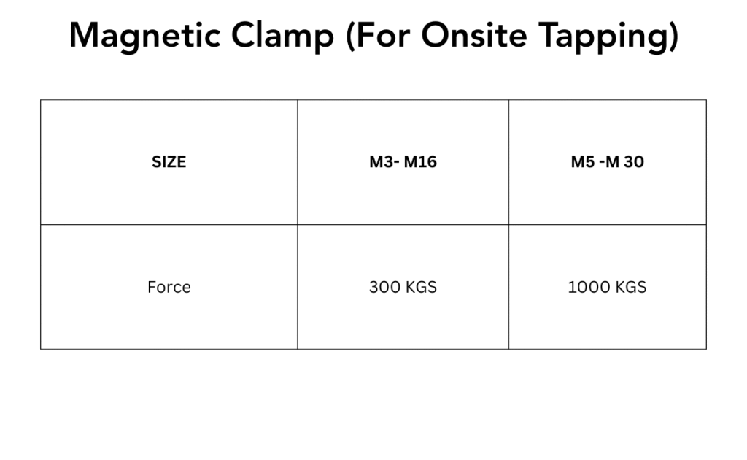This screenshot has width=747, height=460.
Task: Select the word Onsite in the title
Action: pos(474,36)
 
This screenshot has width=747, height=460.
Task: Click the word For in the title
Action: pos(382,36)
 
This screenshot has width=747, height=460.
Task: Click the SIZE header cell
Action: pos(169,162)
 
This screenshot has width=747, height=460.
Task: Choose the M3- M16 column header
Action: pos(403,162)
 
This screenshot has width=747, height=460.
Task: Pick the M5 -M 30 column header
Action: pos(608,162)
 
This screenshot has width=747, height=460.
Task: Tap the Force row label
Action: pos(169,287)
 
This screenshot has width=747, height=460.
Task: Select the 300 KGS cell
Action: pos(403,287)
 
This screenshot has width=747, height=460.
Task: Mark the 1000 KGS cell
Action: pos(608,287)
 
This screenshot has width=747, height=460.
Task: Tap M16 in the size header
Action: pos(420,162)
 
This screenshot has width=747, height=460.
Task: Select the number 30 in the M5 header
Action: pos(634,162)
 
